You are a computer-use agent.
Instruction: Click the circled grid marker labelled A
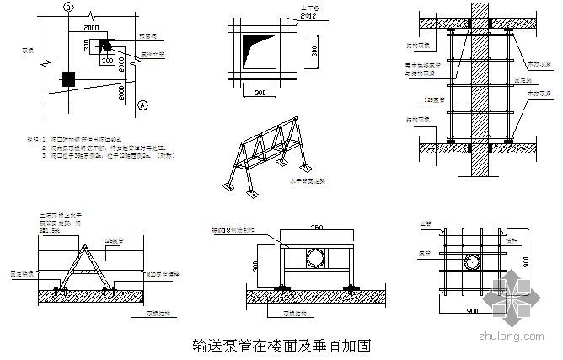tap(142, 105)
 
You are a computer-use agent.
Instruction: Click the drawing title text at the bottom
tap(281, 347)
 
